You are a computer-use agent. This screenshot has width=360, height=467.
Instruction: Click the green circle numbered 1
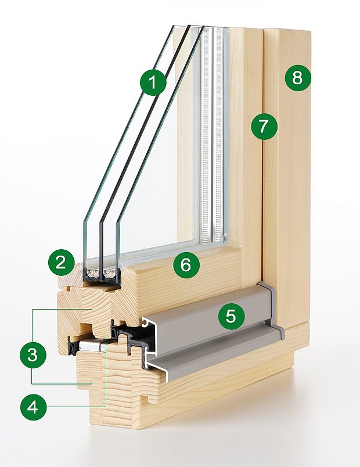click(153, 83)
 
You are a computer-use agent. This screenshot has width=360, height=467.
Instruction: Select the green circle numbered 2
click(60, 263)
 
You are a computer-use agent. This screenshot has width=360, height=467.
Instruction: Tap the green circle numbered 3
click(33, 354)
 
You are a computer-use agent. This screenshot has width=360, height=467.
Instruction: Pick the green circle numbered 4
click(33, 407)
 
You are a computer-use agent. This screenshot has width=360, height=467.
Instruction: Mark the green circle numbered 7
click(264, 125)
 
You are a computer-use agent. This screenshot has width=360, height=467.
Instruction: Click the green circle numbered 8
click(297, 78)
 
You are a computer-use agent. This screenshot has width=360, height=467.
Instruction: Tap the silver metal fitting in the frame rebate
click(93, 346)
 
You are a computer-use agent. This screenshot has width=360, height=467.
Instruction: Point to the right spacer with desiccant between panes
click(109, 272)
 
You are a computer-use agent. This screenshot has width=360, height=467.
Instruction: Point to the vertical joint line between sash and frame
click(263, 174)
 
